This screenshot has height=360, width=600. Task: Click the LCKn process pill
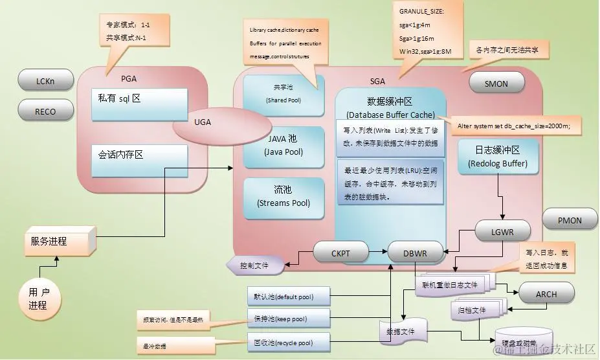click(x=45, y=82)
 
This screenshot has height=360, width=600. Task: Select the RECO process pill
click(x=45, y=111)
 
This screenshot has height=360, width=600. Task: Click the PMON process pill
click(x=570, y=220)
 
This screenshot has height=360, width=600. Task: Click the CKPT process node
click(x=340, y=253)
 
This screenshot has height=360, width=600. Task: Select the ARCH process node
click(x=546, y=293)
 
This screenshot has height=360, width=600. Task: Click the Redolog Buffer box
click(x=497, y=157)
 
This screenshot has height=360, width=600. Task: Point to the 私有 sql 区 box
click(x=140, y=105)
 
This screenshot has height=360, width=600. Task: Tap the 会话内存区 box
click(x=140, y=161)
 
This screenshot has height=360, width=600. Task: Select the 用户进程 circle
click(x=39, y=298)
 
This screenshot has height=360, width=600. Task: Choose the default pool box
click(x=288, y=297)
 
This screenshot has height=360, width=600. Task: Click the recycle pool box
click(x=288, y=342)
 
